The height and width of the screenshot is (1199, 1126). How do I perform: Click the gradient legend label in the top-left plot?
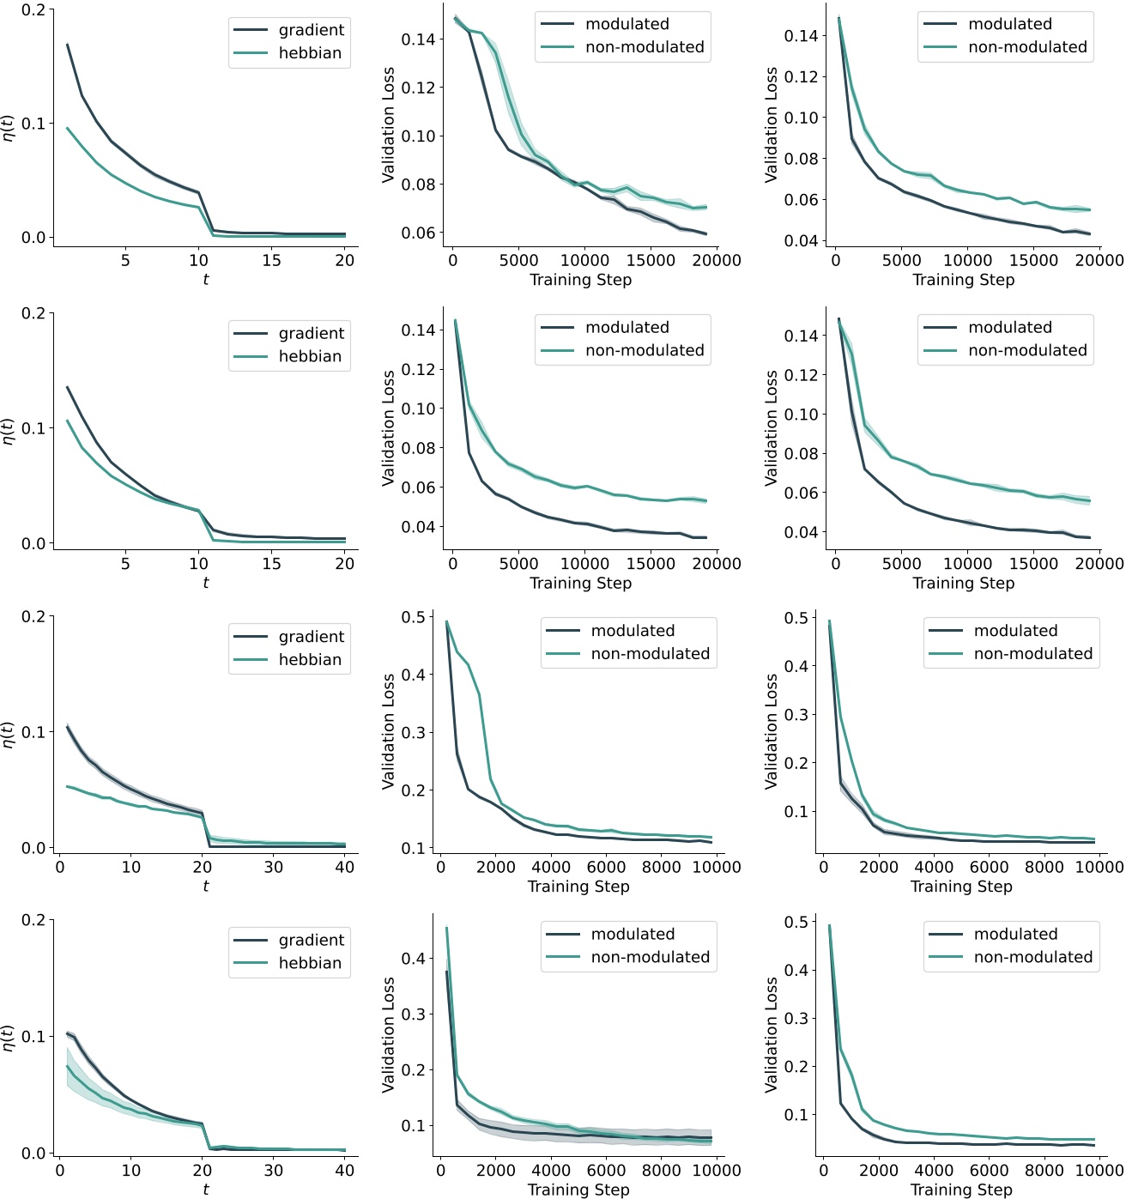311,30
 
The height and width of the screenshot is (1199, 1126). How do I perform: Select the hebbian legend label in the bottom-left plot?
310,963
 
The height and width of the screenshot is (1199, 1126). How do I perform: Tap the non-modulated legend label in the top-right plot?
1027,47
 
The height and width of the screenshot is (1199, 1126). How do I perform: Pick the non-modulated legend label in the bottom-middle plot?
650,957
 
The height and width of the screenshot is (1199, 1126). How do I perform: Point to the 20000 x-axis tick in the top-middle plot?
716,261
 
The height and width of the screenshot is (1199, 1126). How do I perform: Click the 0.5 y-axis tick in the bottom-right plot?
796,922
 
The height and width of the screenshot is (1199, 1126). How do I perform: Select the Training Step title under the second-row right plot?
963,584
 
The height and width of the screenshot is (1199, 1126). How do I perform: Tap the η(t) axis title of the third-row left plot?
9,734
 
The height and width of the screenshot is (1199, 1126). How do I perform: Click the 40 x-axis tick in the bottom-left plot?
344,1171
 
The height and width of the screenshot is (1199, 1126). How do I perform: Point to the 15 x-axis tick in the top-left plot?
271,261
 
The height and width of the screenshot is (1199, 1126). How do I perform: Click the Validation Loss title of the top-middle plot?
388,125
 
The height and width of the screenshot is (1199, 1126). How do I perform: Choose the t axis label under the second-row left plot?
205,584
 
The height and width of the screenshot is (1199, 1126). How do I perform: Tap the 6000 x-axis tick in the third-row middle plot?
606,868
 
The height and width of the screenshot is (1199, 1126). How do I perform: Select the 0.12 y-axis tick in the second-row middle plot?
419,369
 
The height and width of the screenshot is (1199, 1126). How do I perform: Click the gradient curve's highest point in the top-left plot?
67,45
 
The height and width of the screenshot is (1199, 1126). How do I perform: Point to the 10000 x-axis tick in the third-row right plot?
1099,868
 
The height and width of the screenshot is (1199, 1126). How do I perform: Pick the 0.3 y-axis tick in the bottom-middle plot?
414,1014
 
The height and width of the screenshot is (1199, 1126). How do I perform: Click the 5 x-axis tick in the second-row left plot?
125,564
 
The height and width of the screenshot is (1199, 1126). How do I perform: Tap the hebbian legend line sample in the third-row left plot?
251,660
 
